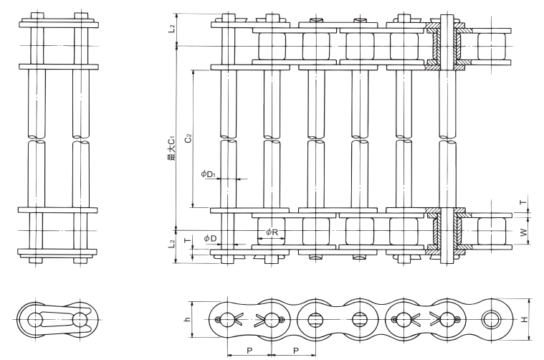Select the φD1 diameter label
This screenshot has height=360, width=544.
pyautogui.click(x=209, y=174)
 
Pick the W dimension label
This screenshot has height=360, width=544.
pyautogui.click(x=524, y=232)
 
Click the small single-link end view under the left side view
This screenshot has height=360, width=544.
pyautogui.click(x=56, y=320)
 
